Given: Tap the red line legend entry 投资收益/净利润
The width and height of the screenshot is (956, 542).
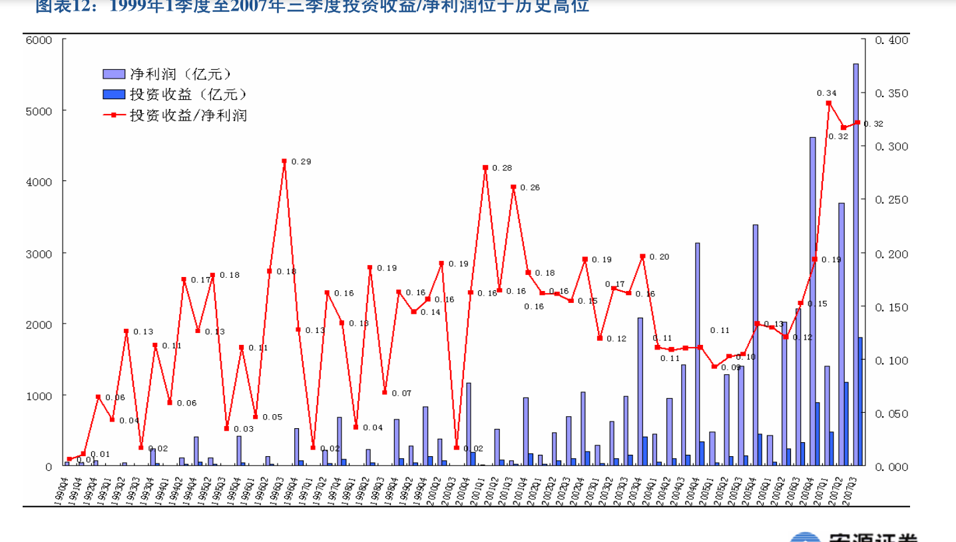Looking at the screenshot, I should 176,115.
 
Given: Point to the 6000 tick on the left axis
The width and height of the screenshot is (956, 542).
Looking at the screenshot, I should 39,40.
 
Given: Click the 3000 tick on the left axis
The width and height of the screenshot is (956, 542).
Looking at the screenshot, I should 39,253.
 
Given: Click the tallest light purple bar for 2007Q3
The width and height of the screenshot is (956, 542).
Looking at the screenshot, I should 855,266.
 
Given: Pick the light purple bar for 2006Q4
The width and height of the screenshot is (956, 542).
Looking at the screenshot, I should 812,300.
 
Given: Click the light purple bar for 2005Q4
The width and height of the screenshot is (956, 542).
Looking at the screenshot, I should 756,346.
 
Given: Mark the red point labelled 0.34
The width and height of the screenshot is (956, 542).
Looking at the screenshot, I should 829,103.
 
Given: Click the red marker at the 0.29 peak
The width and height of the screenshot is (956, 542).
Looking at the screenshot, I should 284,161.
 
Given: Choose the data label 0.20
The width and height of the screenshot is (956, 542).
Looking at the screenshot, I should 659,257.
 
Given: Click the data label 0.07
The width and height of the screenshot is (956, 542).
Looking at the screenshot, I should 401,394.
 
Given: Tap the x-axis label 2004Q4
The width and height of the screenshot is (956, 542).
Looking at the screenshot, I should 694,487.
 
